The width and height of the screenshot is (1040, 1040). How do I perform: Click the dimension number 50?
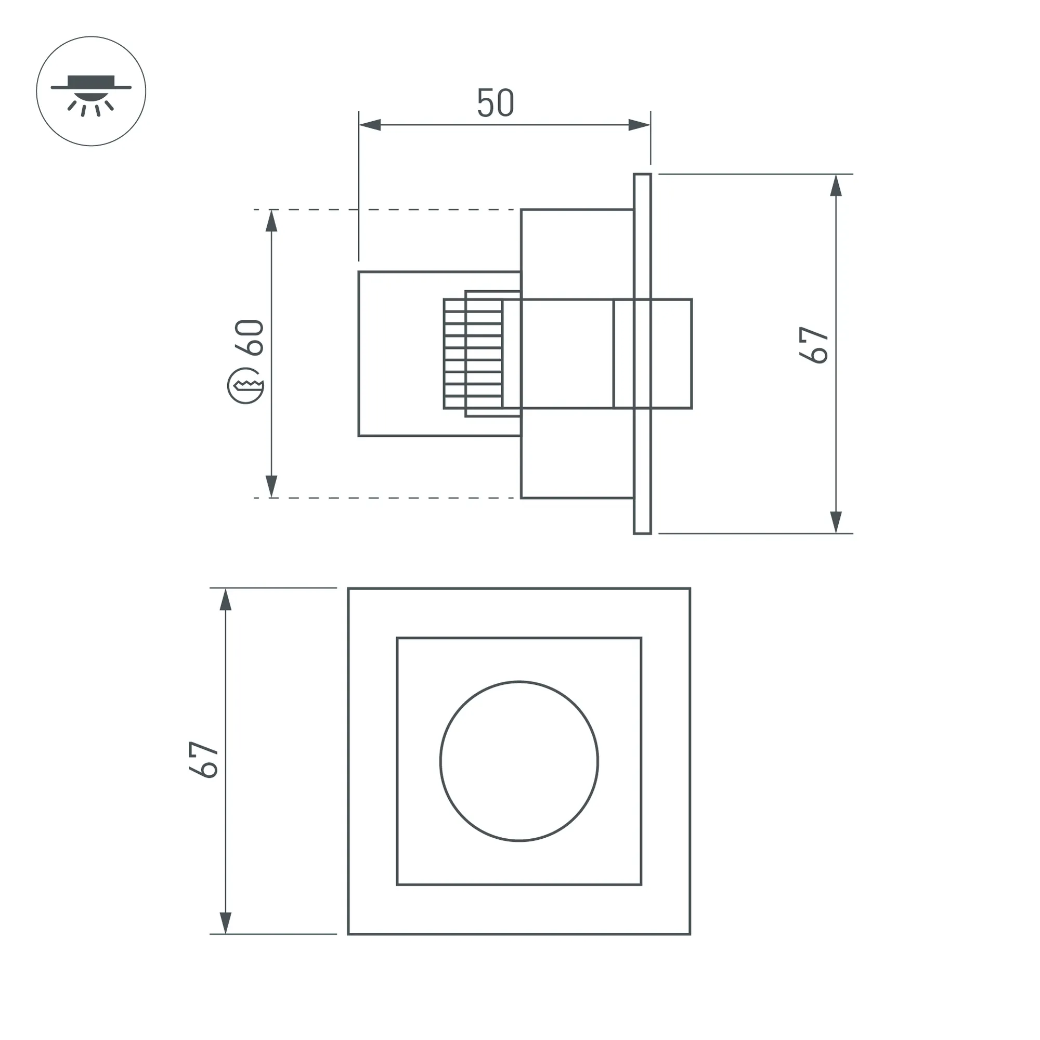click(x=496, y=103)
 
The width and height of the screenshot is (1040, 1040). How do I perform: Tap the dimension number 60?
click(x=249, y=337)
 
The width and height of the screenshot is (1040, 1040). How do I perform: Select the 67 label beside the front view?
click(x=203, y=760)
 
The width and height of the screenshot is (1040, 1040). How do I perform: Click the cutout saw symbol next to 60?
click(x=245, y=385)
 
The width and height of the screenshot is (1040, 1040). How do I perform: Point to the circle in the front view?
click(x=519, y=761)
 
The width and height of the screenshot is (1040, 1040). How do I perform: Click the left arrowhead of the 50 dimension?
click(x=370, y=125)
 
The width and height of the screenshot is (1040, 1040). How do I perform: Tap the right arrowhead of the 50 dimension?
click(x=640, y=125)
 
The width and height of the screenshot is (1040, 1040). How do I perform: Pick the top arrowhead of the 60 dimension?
click(x=272, y=220)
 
